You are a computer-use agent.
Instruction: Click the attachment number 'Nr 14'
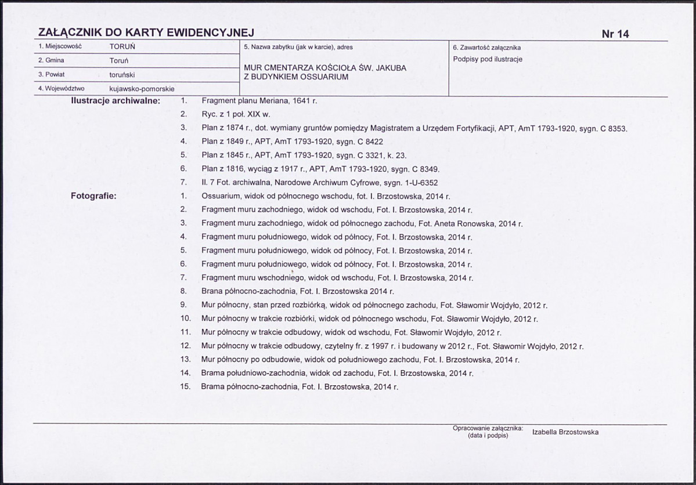click(615, 34)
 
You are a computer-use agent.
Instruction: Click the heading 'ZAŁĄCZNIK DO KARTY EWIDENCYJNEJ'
click(146, 33)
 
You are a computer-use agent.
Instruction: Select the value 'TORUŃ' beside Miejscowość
click(122, 46)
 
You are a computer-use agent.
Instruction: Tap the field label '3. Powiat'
click(51, 75)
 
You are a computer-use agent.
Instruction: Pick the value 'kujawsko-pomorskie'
click(142, 89)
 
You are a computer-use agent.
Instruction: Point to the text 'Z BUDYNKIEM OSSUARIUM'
click(296, 77)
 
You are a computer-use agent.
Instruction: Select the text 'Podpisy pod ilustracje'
click(488, 59)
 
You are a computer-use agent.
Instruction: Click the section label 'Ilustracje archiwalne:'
click(115, 101)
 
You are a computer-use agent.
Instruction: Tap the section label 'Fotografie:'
click(93, 196)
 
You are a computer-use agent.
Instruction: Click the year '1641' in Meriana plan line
click(298, 100)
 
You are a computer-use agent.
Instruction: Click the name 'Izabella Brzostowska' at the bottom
click(565, 432)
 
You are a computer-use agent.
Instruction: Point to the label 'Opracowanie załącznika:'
click(488, 428)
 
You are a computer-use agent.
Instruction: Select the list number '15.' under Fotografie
click(186, 387)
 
